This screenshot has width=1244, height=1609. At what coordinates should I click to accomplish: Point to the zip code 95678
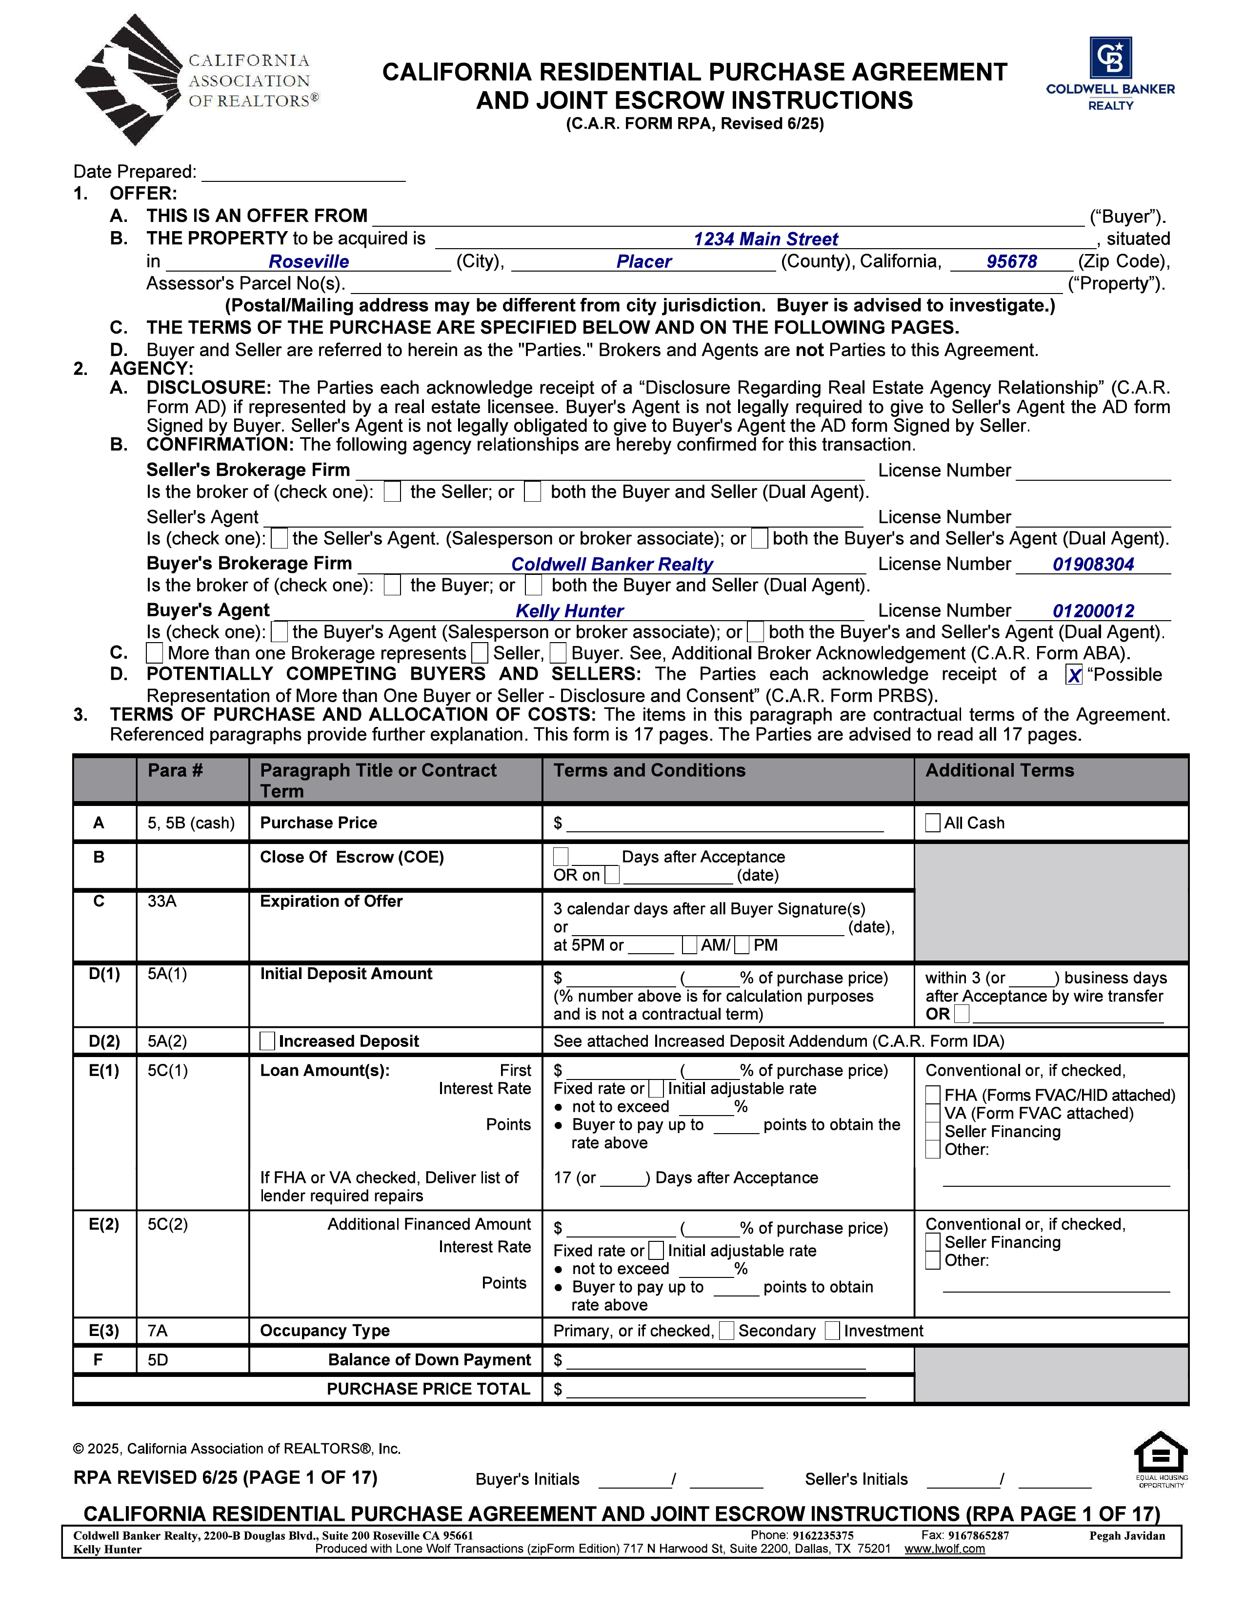click(1011, 261)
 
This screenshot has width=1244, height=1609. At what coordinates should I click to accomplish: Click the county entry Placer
click(643, 261)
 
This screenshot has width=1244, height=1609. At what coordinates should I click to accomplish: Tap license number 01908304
click(1093, 564)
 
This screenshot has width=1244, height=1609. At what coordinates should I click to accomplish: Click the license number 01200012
click(1093, 611)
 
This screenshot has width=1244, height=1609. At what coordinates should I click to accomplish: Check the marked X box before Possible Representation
click(1074, 675)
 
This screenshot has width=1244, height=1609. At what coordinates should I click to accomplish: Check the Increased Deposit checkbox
click(267, 1041)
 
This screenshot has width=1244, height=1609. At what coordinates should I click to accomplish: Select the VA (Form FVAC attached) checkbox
click(933, 1113)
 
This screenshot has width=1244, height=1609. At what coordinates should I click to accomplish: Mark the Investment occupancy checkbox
click(832, 1331)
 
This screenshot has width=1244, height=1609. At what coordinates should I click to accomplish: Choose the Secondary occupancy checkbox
click(727, 1331)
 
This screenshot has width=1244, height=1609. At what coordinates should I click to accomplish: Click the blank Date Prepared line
click(303, 174)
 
